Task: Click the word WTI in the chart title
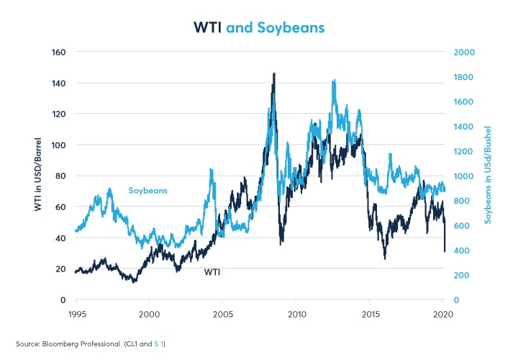(209, 27)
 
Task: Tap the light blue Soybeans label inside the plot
(147, 191)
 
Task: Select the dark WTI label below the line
(213, 272)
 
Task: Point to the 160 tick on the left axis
(59, 52)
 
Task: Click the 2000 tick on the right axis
(462, 52)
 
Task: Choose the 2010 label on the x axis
(296, 315)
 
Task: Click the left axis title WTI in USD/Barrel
(37, 176)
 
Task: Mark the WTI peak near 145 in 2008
(273, 74)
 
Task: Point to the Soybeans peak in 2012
(334, 81)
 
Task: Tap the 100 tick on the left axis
(59, 145)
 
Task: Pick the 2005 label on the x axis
(222, 315)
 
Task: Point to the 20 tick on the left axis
(60, 269)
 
